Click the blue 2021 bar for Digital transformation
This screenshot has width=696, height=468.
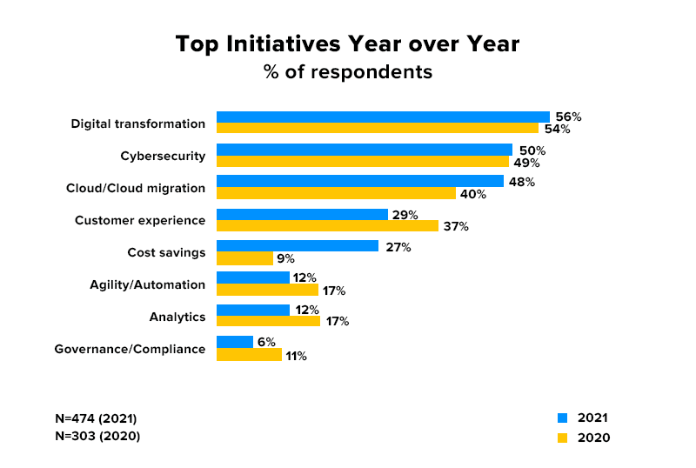click(x=383, y=117)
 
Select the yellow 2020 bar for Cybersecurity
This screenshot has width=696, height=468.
click(x=362, y=162)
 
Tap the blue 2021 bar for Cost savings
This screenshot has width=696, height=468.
click(x=297, y=246)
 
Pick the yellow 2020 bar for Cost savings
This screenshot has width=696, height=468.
click(x=244, y=258)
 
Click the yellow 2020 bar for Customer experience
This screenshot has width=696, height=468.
click(x=327, y=226)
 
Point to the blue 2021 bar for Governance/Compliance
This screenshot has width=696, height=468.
click(x=234, y=343)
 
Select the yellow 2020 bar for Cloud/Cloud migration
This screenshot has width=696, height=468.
click(x=336, y=194)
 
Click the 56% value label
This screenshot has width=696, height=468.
click(x=569, y=117)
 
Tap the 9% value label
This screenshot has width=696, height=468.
click(x=285, y=258)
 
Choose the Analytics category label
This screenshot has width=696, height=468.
click(x=177, y=317)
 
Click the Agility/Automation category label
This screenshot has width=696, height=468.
click(x=147, y=284)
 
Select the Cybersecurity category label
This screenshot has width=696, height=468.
click(x=163, y=157)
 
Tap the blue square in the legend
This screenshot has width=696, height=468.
click(x=562, y=418)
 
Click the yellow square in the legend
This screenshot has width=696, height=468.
click(x=562, y=438)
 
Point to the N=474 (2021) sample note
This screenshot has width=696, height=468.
click(x=96, y=418)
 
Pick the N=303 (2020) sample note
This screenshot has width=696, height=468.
click(x=96, y=436)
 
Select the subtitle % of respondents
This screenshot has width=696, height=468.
click(x=348, y=72)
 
